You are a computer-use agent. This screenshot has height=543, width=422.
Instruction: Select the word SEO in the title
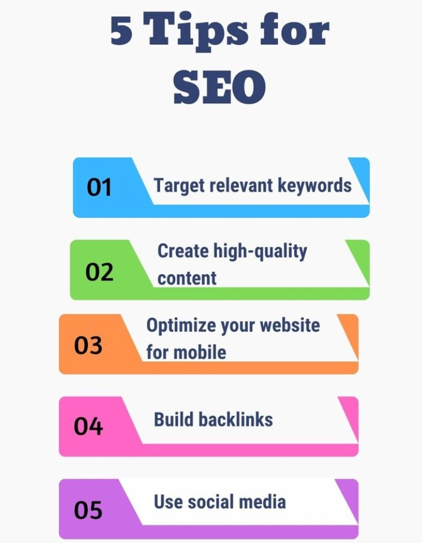[x=220, y=87]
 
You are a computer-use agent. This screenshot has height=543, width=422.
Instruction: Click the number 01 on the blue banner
[x=99, y=187]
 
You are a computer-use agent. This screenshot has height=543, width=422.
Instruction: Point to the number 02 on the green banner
[x=99, y=272]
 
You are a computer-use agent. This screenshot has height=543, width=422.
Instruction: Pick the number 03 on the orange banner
[x=88, y=345]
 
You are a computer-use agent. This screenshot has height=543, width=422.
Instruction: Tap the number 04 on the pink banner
[x=88, y=427]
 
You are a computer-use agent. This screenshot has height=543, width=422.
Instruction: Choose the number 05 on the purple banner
[x=88, y=510]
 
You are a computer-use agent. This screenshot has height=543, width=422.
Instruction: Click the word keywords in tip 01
[x=315, y=185]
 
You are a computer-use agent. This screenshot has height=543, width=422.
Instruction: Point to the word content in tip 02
[x=187, y=279]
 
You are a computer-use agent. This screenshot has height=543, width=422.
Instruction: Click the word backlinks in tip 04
[x=235, y=419]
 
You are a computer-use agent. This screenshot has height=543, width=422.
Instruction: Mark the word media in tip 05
[x=264, y=502]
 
